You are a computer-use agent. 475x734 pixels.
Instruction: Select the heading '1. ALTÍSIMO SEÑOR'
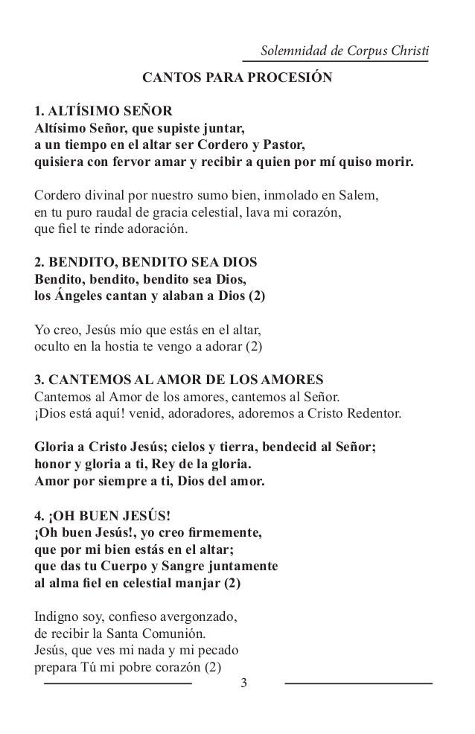tap(103, 112)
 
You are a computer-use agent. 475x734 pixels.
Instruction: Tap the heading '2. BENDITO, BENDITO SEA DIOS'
tap(146, 264)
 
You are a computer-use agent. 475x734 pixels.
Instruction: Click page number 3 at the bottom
tap(238, 683)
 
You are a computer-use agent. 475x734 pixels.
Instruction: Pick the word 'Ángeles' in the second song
tap(80, 296)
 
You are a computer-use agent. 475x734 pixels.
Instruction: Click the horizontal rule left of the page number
tap(118, 683)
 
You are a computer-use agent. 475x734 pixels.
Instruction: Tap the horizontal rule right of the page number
tap(358, 683)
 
